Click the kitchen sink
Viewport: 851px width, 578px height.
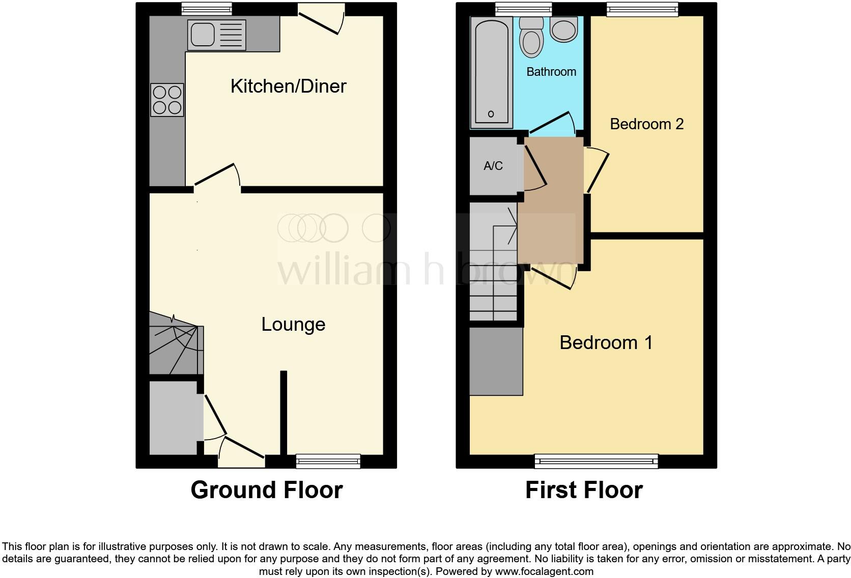click(x=216, y=35)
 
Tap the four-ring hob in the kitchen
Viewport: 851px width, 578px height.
click(x=167, y=100)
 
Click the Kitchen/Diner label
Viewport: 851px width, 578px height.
click(x=288, y=86)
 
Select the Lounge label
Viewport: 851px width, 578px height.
click(x=293, y=324)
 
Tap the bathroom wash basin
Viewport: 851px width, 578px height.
click(x=564, y=29)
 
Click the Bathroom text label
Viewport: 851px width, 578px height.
click(x=551, y=72)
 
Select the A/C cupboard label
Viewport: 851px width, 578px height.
click(x=493, y=165)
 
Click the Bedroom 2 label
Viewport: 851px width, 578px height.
click(x=646, y=124)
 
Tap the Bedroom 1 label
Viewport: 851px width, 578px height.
click(x=606, y=342)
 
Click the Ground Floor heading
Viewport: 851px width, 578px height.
click(x=266, y=489)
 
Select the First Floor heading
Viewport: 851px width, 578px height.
click(x=584, y=489)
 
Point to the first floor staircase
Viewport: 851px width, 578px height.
click(x=493, y=262)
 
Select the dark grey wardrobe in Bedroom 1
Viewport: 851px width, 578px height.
click(x=496, y=361)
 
